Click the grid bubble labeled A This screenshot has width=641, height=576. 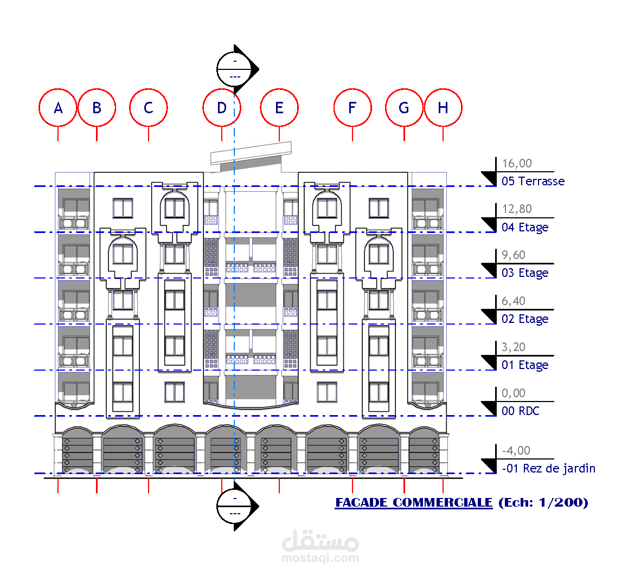58,108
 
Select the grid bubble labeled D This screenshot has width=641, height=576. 221,108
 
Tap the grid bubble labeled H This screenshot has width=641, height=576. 443,108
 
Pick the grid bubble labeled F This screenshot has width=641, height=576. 352,108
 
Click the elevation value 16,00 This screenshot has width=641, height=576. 517,163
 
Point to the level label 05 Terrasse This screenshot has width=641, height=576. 533,181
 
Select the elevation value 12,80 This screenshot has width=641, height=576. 517,209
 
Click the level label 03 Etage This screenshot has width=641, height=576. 525,273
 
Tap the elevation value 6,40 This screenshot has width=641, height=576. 514,301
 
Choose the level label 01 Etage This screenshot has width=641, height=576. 525,365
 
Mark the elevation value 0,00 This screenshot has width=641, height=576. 514,393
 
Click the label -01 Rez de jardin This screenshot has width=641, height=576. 548,468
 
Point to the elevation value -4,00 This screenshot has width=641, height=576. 516,450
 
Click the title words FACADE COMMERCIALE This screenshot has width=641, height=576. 414,502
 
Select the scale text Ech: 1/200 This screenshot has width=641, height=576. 543,502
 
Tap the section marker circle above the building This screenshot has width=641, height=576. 235,69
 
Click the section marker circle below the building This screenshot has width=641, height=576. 235,506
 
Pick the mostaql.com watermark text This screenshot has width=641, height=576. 320,558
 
